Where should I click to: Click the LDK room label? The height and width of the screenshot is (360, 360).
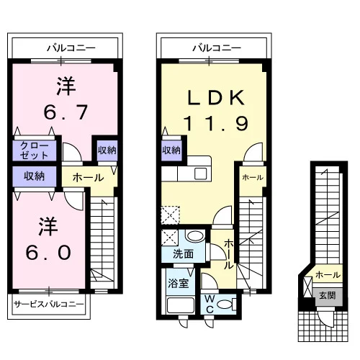click(x=216, y=97)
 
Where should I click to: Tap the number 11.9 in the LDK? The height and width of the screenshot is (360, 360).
click(x=215, y=123)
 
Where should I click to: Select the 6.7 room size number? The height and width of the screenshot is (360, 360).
click(x=66, y=112)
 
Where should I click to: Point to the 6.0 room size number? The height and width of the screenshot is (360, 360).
click(x=48, y=253)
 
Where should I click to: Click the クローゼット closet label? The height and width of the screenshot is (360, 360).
click(x=34, y=150)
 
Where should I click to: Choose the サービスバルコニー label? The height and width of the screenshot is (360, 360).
click(x=49, y=304)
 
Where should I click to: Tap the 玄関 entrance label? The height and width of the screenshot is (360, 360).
click(x=328, y=295)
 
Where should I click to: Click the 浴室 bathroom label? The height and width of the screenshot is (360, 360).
click(x=178, y=283)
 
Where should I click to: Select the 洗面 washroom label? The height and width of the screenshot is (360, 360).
click(x=183, y=254)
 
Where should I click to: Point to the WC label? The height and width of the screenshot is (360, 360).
click(x=210, y=304)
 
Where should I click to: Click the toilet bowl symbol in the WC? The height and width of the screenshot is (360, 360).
click(x=227, y=305)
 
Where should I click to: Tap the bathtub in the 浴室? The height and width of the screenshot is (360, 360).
click(x=181, y=305)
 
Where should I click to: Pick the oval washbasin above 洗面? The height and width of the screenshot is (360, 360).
click(x=195, y=235)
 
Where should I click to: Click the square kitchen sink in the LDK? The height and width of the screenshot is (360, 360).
click(x=201, y=174)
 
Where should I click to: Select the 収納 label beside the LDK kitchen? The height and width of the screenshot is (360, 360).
click(x=171, y=150)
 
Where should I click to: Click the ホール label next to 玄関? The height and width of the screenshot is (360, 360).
click(x=328, y=274)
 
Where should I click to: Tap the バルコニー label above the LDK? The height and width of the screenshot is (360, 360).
click(x=217, y=48)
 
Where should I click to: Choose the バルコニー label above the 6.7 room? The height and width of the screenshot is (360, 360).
click(x=71, y=48)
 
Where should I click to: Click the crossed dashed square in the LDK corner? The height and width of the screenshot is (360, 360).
click(x=171, y=215)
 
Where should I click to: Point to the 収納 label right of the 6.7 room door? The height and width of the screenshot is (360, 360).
click(x=107, y=150)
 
